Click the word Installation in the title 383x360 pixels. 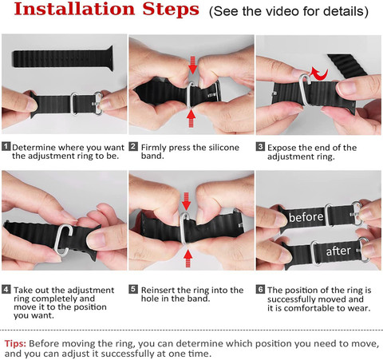pyautogui.click(x=74, y=9)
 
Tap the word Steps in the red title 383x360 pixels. pyautogui.click(x=171, y=10)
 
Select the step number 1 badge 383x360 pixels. pyautogui.click(x=6, y=146)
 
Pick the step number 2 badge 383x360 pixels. pyautogui.click(x=133, y=146)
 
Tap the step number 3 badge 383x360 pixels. pyautogui.click(x=260, y=147)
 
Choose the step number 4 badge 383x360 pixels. pyautogui.click(x=6, y=289)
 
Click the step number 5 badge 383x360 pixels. pyautogui.click(x=133, y=289)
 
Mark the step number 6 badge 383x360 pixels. pyautogui.click(x=261, y=289)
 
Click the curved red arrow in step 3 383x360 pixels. pyautogui.click(x=320, y=73)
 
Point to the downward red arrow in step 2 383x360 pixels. pyautogui.click(x=192, y=65)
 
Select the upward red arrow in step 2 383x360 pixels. pyautogui.click(x=191, y=118)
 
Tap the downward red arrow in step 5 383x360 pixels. pyautogui.click(x=187, y=201)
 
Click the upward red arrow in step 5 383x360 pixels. pyautogui.click(x=188, y=259)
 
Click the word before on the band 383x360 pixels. pyautogui.click(x=306, y=217)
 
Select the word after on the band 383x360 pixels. pyautogui.click(x=338, y=251)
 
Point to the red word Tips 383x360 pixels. pyautogui.click(x=15, y=343)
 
